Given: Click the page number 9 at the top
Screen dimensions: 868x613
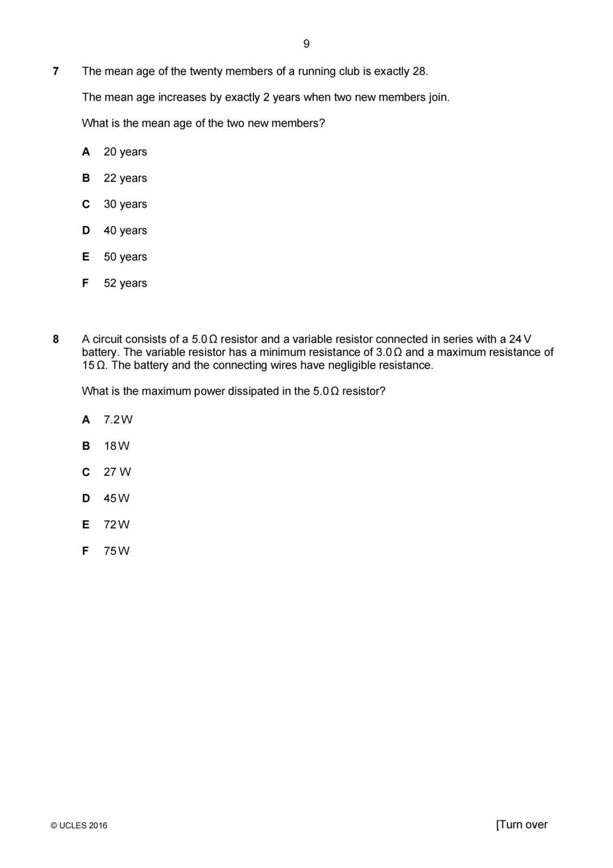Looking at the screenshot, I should (x=306, y=44).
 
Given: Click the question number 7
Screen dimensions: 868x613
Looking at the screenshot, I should (x=55, y=71).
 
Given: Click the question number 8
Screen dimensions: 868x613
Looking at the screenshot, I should (x=55, y=339).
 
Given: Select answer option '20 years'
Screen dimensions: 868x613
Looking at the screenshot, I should (x=125, y=152).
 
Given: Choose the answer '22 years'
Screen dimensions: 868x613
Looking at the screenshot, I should (x=125, y=178).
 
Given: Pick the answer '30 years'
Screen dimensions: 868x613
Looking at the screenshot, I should (x=125, y=204).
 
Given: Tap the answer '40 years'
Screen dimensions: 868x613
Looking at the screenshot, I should (x=125, y=231).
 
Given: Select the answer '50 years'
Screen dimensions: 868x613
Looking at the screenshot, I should (x=125, y=257).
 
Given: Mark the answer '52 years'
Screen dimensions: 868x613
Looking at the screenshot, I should (x=125, y=283).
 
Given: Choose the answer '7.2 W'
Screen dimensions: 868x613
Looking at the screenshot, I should (x=118, y=419).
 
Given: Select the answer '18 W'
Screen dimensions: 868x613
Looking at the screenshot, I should (x=116, y=446).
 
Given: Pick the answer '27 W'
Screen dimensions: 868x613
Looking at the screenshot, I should (x=117, y=472).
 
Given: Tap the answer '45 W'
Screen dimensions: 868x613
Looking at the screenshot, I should (x=116, y=498).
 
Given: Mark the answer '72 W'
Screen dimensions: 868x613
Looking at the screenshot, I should (x=116, y=524).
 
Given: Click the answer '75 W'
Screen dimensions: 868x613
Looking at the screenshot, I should (x=116, y=551).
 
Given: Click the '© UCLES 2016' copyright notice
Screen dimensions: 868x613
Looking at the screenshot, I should (x=79, y=826).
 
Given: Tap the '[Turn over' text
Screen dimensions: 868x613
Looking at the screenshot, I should (x=522, y=824).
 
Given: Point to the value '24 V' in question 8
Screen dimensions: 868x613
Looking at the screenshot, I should (x=520, y=339).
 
